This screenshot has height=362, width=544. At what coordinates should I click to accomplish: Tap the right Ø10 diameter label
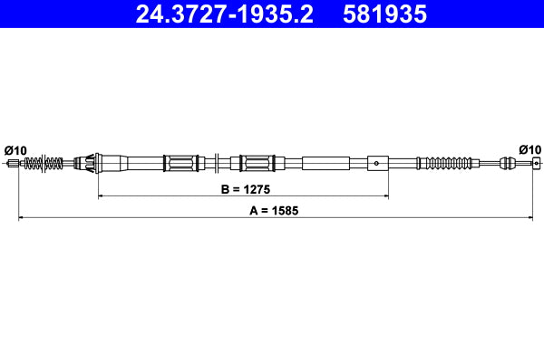pyautogui.click(x=529, y=149)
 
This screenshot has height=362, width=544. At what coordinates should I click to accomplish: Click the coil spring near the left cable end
pyautogui.click(x=44, y=164)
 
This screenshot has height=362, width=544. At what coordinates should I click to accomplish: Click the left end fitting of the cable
pyautogui.click(x=13, y=164)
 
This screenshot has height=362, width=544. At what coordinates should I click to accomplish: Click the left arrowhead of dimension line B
pyautogui.click(x=101, y=195)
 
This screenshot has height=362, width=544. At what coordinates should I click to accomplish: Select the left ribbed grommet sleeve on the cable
pyautogui.click(x=180, y=164)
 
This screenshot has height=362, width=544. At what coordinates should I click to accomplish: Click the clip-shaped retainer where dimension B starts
pyautogui.click(x=90, y=164)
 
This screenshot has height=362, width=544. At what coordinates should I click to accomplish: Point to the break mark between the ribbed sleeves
pyautogui.click(x=218, y=164)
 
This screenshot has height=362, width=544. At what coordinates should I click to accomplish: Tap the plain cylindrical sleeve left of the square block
pyautogui.click(x=325, y=164)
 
